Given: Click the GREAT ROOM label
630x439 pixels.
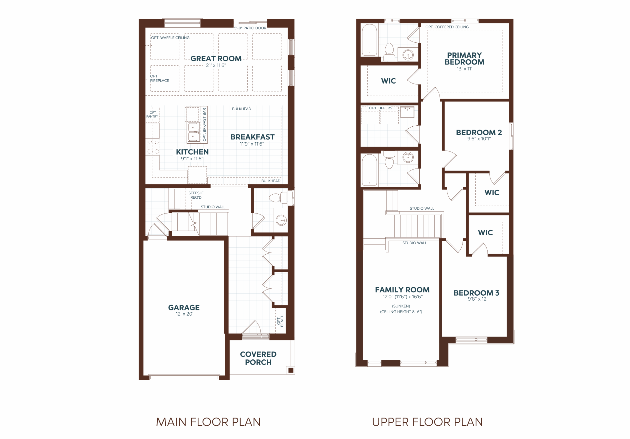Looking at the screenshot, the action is [216, 59].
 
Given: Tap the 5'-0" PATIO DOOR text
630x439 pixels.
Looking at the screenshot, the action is [250, 28].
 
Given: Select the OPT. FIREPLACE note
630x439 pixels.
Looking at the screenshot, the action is [159, 78].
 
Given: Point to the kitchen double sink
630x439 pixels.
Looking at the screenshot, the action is [193, 132].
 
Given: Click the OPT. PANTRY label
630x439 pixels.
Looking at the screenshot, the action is [152, 115].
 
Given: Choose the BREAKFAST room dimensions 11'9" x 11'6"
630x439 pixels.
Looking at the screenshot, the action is [252, 144].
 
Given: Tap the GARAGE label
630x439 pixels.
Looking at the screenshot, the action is [184, 307].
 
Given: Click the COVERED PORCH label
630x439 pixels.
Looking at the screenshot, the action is [258, 358].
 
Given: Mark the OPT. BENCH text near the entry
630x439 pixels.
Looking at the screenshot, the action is [280, 321].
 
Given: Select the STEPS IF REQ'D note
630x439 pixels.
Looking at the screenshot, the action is [196, 195].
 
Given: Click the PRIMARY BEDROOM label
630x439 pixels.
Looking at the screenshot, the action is [464, 59].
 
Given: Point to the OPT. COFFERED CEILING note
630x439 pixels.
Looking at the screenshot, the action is [447, 27].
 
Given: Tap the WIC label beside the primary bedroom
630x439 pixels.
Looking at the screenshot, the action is [389, 81].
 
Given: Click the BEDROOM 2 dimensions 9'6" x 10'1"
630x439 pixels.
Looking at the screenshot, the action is [479, 139].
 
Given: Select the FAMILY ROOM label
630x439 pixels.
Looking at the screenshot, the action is [402, 289].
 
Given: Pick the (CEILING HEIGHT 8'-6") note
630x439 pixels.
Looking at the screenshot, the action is [401, 312].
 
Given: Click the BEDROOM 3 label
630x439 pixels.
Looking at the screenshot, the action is [476, 293].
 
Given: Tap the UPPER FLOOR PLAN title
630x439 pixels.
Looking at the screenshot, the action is [427, 422].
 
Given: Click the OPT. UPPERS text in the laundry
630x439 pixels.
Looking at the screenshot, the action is [380, 108].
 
